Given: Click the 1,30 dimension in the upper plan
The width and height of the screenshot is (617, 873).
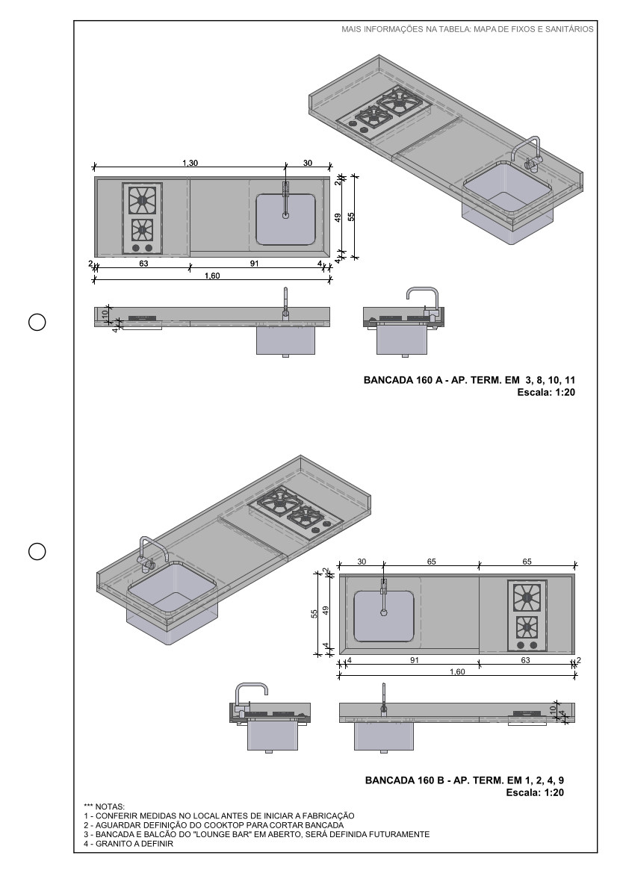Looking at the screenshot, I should (190, 162).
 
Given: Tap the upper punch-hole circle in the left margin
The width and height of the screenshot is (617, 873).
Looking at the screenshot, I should (37, 323).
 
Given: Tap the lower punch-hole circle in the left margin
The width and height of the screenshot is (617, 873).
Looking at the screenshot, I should (37, 551).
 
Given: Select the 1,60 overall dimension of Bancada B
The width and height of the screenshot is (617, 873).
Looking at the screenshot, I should (456, 671).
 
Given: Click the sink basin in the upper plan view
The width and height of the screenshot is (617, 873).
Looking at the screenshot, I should (285, 220).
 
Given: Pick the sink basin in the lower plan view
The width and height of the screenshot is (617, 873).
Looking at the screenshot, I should (384, 616).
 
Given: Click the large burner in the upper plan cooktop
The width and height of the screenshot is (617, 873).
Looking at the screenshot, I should (142, 200).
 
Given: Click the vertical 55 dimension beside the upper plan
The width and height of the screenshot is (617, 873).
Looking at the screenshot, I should (351, 217).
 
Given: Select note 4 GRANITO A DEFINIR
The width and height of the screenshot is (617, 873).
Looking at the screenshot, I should (128, 845).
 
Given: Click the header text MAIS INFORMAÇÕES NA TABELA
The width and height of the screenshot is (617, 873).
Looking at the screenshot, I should (467, 30).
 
